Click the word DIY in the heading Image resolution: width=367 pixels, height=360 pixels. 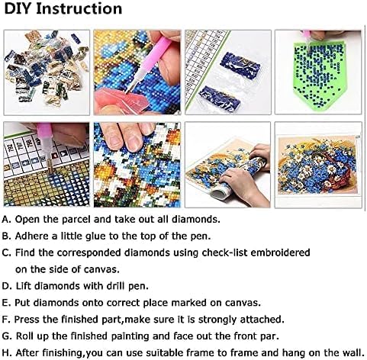pos(21,9)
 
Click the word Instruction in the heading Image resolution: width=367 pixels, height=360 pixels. pos(82,9)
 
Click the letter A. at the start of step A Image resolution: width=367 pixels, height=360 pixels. pos(8,219)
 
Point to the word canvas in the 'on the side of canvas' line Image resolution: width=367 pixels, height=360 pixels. pos(116,268)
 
